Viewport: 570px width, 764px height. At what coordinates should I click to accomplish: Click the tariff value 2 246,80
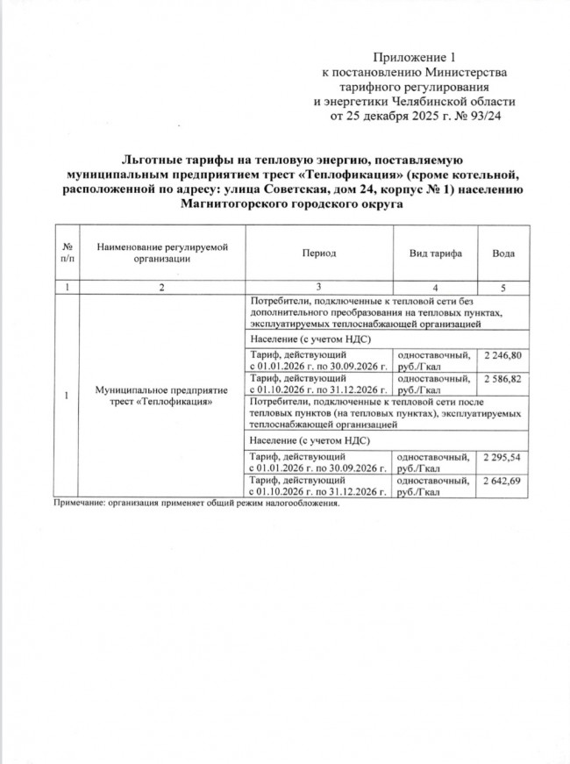[x=503, y=355]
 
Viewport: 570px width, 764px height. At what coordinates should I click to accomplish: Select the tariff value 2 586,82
[x=503, y=378]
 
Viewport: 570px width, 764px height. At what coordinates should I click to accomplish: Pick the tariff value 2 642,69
[x=503, y=482]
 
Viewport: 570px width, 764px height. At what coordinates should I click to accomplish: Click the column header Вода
[x=503, y=253]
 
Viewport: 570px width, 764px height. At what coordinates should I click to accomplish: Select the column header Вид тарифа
[x=436, y=253]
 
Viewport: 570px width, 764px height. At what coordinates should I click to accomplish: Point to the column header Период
[x=318, y=253]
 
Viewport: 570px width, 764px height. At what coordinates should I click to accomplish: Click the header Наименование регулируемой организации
[x=163, y=253]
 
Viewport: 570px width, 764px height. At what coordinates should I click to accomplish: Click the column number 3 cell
[x=318, y=288]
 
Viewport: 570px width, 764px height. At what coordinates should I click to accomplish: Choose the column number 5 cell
[x=503, y=288]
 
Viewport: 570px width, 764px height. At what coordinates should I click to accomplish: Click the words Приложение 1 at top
[x=410, y=58]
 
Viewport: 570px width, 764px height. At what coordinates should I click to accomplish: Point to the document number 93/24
[x=488, y=114]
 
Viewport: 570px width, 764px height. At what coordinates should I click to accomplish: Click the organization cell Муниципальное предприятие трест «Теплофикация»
[x=163, y=395]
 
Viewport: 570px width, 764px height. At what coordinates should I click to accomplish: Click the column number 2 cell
[x=163, y=288]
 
